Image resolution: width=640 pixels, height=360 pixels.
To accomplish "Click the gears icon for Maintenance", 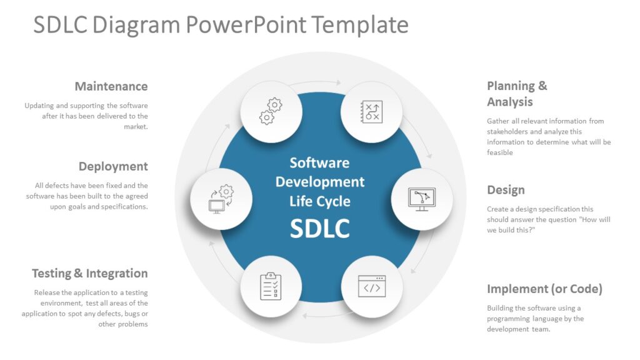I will click(271, 112).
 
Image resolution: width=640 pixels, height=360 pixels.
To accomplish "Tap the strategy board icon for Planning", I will click(371, 112).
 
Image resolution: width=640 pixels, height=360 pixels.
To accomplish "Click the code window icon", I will click(371, 287).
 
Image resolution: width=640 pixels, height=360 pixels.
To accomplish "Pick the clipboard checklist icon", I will click(271, 286).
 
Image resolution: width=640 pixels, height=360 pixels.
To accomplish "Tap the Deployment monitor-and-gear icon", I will click(221, 199).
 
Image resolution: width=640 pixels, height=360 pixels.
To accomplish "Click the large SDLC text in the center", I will click(319, 229).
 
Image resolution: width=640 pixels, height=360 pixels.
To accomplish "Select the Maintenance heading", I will click(111, 86).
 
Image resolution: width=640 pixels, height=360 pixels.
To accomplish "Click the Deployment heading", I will click(113, 166).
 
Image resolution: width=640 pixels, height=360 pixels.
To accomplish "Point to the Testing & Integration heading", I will click(90, 273).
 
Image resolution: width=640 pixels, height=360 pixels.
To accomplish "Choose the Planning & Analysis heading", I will click(517, 94).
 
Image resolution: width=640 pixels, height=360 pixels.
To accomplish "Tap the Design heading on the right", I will click(506, 190).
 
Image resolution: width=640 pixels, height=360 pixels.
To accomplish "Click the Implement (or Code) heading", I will click(544, 289).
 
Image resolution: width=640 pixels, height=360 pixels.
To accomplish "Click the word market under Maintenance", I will click(135, 126).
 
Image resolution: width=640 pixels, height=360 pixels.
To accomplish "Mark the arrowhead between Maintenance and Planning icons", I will click(338, 82).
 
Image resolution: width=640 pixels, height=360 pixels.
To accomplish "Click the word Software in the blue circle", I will click(319, 162).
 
